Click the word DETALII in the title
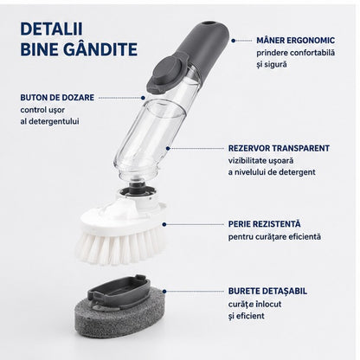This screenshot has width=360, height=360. click(x=51, y=29)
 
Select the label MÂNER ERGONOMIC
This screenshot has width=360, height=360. click(x=296, y=41)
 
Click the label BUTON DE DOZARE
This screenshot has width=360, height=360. click(x=57, y=98)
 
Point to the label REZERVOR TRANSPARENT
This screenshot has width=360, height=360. click(x=279, y=148)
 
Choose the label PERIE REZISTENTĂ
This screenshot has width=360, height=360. click(x=264, y=223)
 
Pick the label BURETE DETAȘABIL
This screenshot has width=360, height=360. click(x=267, y=291)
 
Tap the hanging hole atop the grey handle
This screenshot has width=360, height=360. click(x=209, y=23)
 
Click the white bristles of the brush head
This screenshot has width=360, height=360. click(x=119, y=247)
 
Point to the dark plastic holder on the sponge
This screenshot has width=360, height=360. click(x=119, y=291)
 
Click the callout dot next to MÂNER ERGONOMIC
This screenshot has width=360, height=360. click(x=233, y=41)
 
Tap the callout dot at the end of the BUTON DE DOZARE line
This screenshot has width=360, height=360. click(x=143, y=98)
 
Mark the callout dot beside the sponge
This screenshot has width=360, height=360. click(x=164, y=292)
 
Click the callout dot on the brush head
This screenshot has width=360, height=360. click(x=164, y=224)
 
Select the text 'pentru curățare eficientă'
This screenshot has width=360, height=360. click(x=274, y=237)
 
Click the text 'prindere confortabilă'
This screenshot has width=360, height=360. click(x=296, y=53)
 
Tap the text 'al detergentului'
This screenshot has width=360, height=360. click(x=49, y=121)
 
